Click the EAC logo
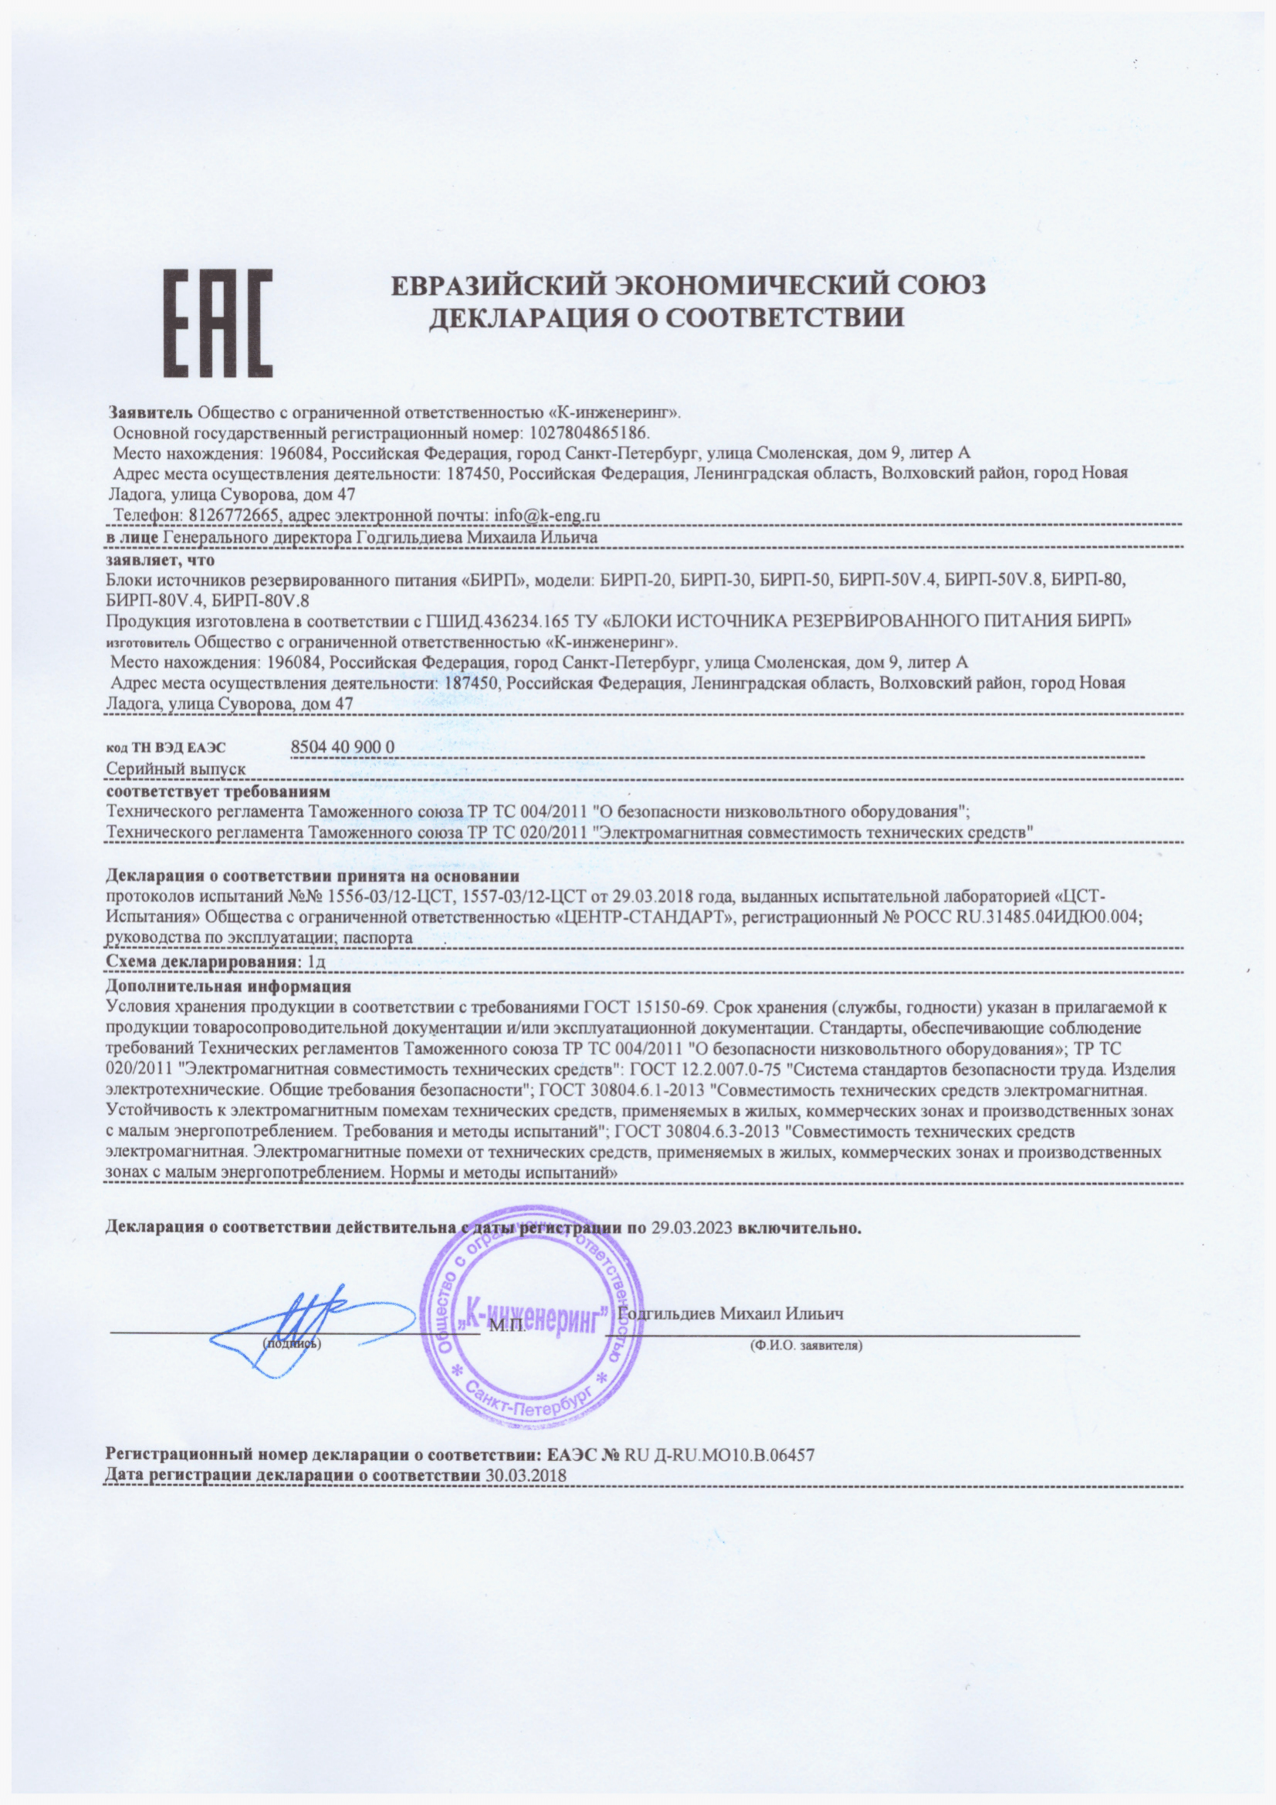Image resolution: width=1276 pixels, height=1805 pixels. (x=218, y=323)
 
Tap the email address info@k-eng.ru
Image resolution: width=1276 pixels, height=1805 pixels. (x=547, y=515)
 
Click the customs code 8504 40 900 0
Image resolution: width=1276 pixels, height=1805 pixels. (x=342, y=746)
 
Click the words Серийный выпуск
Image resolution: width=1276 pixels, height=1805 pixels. (x=175, y=768)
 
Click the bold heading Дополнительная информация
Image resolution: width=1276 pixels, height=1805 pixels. (x=228, y=985)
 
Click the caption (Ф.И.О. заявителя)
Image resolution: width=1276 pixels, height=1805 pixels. (x=807, y=1345)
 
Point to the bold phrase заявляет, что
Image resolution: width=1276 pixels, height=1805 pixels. (x=161, y=559)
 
